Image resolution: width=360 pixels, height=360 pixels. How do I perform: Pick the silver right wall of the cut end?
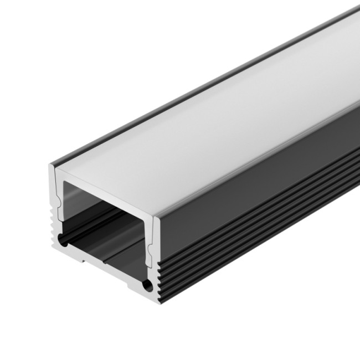156,249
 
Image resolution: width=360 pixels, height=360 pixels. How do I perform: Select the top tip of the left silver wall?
52,166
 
